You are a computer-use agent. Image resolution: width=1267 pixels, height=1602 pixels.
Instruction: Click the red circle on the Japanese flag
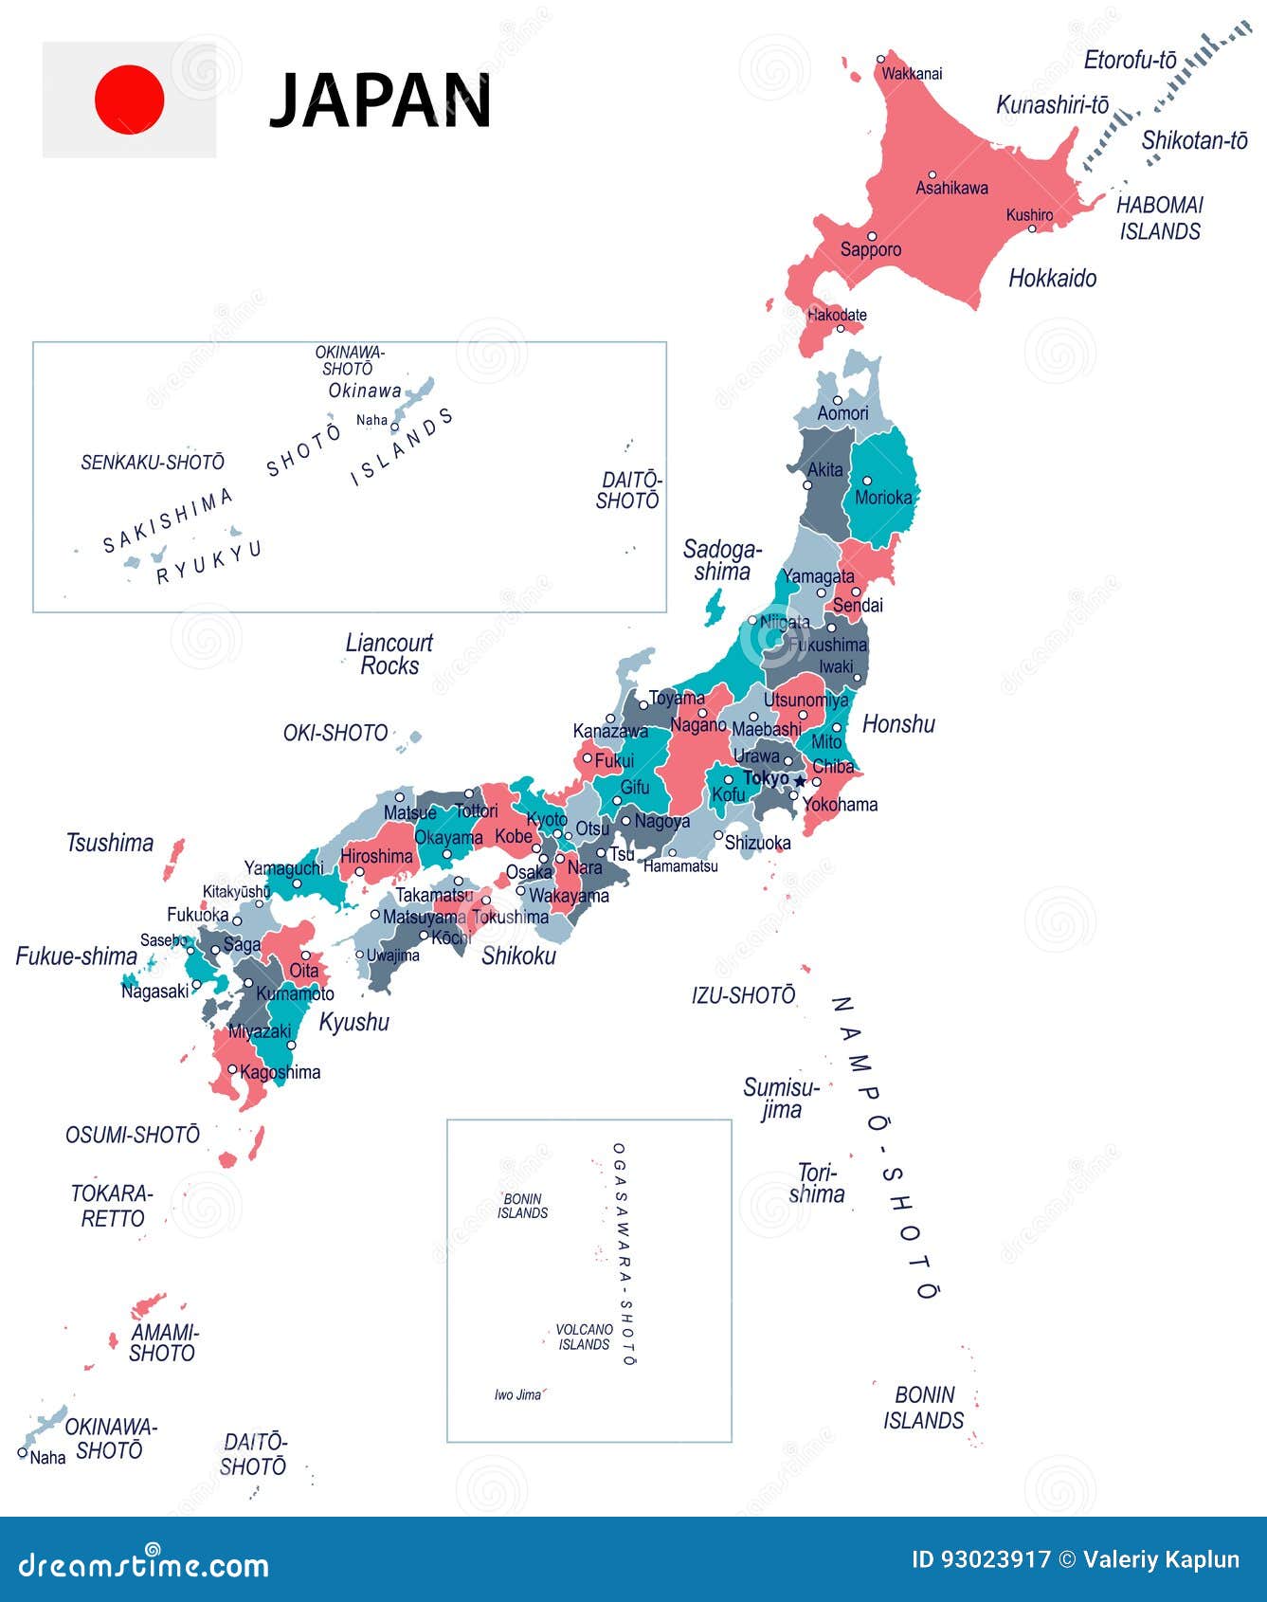pos(129,100)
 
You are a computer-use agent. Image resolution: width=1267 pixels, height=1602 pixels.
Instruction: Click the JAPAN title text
pos(380,101)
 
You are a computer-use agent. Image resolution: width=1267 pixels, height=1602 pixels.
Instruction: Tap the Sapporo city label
pos(871,250)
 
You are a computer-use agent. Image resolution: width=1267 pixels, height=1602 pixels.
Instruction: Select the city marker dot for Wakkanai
pos(881,59)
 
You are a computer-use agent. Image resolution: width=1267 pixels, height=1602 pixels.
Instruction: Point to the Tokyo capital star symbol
pos(800,780)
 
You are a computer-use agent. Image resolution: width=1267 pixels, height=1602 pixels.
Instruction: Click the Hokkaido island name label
pos(1052,279)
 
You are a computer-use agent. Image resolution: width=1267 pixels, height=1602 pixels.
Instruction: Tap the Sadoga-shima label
pos(722,560)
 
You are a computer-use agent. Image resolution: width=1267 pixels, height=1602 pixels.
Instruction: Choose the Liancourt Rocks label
pos(389,654)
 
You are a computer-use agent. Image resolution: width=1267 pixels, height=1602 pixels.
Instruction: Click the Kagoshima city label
pos(281,1072)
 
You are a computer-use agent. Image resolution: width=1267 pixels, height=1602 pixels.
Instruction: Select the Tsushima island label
pos(110,843)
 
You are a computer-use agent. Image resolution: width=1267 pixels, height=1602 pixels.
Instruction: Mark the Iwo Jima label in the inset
pos(517,1394)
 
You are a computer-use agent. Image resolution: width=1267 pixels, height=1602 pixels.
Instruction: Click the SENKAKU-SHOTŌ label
pos(153,463)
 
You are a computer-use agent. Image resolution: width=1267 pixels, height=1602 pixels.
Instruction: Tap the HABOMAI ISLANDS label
pos(1159,218)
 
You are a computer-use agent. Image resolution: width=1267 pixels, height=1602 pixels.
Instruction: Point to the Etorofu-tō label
pos(1130,61)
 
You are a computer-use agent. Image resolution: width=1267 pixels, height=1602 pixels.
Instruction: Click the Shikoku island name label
pos(518,956)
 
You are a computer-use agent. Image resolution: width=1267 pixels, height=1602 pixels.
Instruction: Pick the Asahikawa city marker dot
pos(932,174)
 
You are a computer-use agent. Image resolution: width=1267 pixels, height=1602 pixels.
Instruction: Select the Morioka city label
pos(883,498)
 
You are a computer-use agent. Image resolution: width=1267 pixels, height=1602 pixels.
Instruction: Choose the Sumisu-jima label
pos(781,1099)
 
